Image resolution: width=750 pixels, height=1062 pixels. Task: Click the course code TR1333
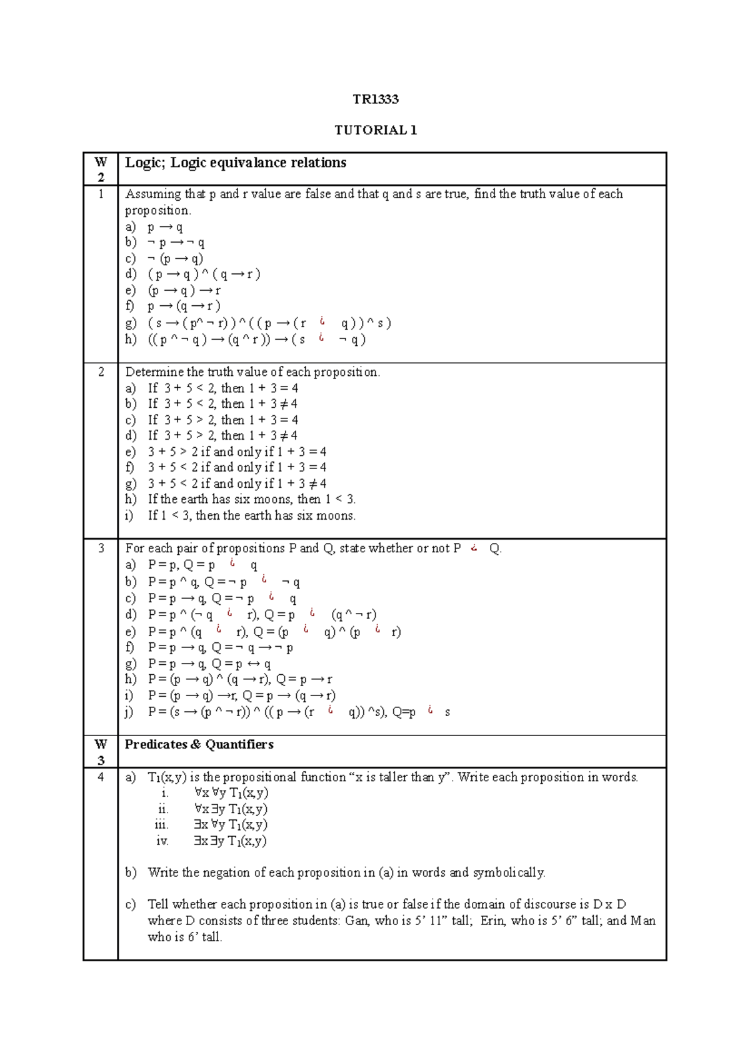375,99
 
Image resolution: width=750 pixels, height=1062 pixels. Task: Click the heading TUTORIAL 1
375,130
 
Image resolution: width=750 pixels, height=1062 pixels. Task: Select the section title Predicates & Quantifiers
199,744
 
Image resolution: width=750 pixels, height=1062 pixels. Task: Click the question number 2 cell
101,372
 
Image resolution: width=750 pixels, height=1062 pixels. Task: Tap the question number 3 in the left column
101,549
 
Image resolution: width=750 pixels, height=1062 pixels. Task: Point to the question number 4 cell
101,777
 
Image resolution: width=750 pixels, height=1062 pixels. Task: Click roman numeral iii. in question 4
162,825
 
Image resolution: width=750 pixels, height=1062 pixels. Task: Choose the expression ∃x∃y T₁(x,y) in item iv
230,841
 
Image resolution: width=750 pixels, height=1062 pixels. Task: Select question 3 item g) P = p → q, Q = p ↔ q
209,664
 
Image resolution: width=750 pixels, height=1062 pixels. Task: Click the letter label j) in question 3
129,712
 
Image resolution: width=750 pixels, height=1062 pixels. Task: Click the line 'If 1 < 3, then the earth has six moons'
251,515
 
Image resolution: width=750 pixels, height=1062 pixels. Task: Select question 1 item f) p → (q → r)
184,306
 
